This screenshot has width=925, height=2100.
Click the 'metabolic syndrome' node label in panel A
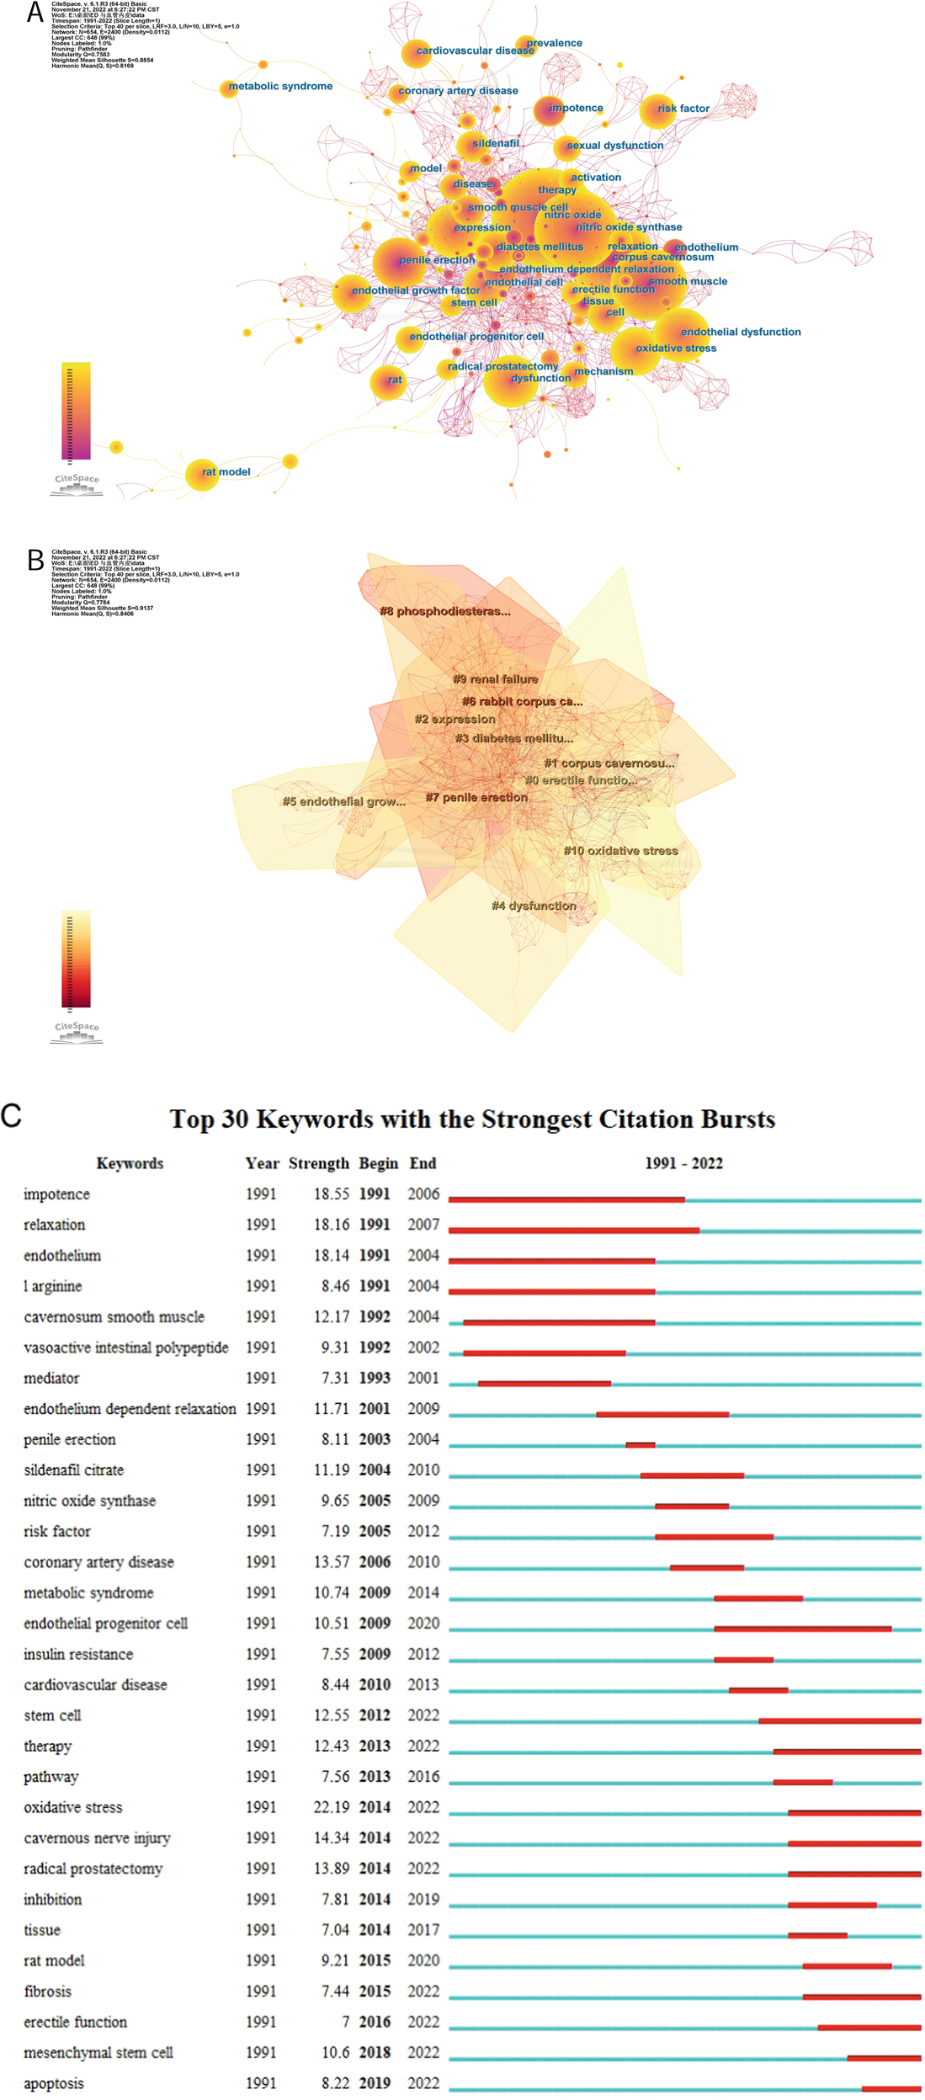[x=280, y=86]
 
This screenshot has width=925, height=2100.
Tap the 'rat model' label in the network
[x=226, y=472]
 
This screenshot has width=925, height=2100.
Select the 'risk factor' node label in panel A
[x=683, y=109]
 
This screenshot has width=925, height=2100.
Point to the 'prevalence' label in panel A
[x=554, y=43]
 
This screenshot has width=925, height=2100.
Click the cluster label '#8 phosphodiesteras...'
[x=444, y=611]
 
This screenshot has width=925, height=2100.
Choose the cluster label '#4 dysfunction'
[x=534, y=906]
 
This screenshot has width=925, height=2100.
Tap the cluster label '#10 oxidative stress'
[x=620, y=851]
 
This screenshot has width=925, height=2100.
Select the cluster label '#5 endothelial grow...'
[x=343, y=801]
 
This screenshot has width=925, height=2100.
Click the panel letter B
[x=35, y=560]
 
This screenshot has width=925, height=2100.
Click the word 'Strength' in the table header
[x=318, y=1163]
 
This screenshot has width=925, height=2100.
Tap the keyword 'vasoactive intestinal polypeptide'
[x=125, y=1348]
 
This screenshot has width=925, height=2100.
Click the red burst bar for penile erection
[x=640, y=1444]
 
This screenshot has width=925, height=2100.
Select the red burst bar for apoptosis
[x=890, y=2088]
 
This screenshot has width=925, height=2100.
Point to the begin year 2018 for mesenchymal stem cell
[x=375, y=2052]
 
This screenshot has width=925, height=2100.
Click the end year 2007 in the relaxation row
[x=423, y=1225]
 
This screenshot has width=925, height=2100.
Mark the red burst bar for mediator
[x=544, y=1383]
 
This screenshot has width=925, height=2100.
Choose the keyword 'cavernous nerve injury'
[x=97, y=1837]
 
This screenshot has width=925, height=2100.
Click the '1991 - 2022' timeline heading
[x=683, y=1163]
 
